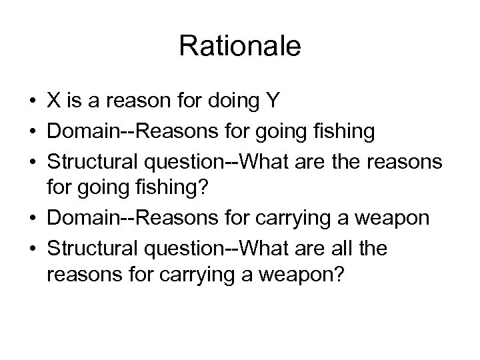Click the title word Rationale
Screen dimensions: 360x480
click(x=240, y=47)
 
